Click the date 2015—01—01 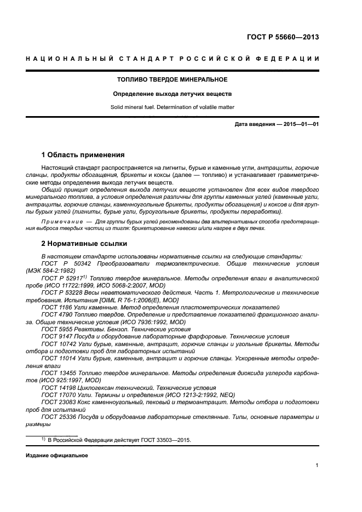[x=300, y=125]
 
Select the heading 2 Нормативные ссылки [x=84, y=243]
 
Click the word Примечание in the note [x=60, y=221]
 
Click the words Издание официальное [x=57, y=456]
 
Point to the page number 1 [x=317, y=465]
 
